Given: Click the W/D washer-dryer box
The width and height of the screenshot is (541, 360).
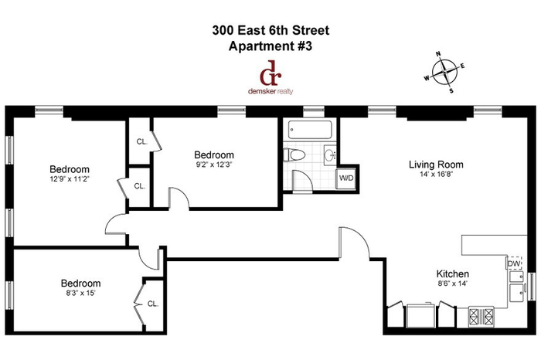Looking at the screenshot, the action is click(346, 178).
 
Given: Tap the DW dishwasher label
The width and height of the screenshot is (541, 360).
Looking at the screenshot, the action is click(514, 263).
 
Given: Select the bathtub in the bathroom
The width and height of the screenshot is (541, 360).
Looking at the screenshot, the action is click(310, 129).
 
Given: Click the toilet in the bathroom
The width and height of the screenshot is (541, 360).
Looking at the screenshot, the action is click(294, 155).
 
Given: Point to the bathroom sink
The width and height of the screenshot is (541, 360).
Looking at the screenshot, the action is click(330, 155).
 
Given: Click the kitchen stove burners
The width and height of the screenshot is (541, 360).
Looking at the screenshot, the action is click(481, 317).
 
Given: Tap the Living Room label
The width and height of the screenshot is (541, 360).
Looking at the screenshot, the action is click(436, 165).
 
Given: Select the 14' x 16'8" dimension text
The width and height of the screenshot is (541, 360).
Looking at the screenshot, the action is click(436, 174).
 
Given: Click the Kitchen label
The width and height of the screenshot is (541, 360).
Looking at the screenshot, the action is click(452, 273).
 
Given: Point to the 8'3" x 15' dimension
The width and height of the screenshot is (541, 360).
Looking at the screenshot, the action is click(80, 293).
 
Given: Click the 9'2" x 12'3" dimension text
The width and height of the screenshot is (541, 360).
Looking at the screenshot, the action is click(214, 165).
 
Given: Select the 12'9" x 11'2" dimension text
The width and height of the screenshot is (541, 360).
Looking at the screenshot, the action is click(70, 179).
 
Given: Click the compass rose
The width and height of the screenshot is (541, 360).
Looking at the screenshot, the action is click(444, 72).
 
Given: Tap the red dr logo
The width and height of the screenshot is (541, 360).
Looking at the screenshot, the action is click(270, 73).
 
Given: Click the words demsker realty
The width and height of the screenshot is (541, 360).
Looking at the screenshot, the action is click(270, 91).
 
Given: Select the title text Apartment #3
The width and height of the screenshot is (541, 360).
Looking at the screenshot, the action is click(270, 46).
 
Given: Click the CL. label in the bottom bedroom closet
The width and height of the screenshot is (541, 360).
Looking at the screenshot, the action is click(152, 304).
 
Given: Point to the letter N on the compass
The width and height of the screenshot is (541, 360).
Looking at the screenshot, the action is click(438, 53).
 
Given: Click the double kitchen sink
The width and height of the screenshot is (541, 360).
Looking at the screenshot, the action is click(516, 287).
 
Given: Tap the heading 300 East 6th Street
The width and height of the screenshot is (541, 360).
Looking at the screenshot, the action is click(270, 30).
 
